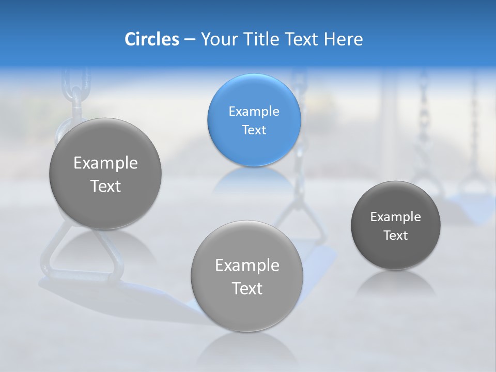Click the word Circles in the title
click(151, 39)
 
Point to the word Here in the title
click(344, 39)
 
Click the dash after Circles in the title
click(190, 40)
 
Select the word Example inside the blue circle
click(254, 112)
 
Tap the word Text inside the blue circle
click(254, 130)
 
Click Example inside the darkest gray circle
click(396, 217)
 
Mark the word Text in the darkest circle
click(396, 236)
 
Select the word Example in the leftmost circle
click(105, 163)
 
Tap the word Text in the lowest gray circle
click(247, 288)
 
